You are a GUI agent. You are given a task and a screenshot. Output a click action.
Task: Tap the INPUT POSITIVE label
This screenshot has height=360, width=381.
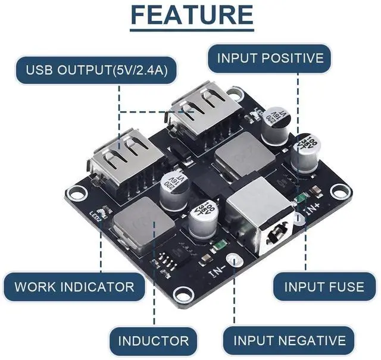point(270,58)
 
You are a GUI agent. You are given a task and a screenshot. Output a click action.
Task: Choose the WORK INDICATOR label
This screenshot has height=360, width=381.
point(74,287)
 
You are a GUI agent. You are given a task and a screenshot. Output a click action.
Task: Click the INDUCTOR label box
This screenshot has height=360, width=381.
point(153,341)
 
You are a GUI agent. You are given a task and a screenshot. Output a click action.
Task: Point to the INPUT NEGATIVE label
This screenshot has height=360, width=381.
point(289,340)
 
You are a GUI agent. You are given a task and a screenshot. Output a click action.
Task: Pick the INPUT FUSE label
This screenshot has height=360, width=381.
point(324,287)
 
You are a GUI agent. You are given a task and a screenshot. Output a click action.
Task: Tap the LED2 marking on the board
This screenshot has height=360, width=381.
point(96,218)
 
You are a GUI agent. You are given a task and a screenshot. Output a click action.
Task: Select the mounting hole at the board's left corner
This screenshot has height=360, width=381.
point(75,192)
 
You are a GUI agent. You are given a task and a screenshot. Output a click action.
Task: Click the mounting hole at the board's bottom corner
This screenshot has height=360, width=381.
point(184,293)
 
